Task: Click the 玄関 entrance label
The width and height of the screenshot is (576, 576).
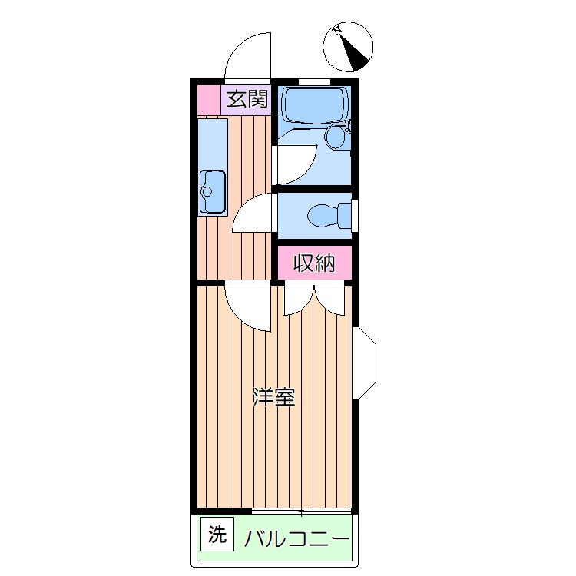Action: [246, 98]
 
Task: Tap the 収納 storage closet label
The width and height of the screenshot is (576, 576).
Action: [315, 263]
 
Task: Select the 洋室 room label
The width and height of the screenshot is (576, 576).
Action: [274, 398]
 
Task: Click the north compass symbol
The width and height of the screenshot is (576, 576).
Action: [348, 45]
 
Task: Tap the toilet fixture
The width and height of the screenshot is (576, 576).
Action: [326, 214]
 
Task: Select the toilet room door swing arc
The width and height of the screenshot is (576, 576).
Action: [253, 214]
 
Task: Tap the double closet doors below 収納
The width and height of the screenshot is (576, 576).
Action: [315, 299]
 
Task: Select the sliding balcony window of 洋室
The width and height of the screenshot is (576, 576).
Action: [301, 511]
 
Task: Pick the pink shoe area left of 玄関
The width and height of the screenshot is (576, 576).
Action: [209, 100]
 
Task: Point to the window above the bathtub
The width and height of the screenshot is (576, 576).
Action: [314, 81]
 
